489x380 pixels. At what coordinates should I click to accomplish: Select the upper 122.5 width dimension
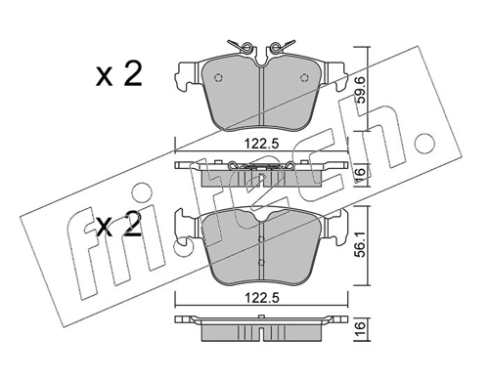(x=262, y=144)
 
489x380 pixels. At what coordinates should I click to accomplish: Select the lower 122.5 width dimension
(x=262, y=299)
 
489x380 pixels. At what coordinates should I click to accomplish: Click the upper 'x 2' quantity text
(x=119, y=75)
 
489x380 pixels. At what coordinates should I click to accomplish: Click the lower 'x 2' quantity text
(x=119, y=225)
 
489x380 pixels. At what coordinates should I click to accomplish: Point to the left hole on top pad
(x=218, y=77)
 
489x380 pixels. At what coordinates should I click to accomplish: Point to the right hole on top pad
(x=304, y=77)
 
